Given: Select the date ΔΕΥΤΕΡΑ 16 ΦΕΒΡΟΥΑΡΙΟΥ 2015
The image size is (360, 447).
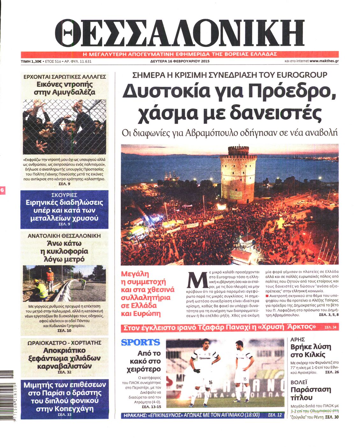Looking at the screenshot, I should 180,61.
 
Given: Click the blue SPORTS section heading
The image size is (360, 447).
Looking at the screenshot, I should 140,342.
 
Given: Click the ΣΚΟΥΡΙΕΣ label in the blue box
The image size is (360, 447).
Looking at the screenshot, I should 64,195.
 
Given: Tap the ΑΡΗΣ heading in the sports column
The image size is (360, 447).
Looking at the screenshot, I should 298,340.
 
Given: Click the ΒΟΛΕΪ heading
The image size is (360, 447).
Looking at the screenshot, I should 299,382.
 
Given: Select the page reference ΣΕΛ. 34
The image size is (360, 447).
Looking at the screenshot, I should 330,327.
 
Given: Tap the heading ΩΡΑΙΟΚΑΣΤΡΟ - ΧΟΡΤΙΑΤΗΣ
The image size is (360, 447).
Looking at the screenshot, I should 64,343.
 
